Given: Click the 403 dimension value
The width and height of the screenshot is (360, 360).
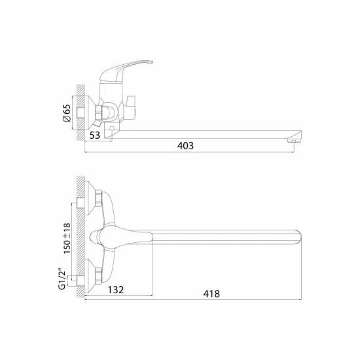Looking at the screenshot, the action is (185, 146).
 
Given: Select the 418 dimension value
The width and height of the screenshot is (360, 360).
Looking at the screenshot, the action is (211, 294).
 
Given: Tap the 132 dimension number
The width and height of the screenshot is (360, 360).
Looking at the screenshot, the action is (116, 290).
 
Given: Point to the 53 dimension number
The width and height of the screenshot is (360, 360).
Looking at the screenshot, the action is (95, 135).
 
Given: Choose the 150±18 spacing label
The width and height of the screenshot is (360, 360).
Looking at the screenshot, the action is (67, 238).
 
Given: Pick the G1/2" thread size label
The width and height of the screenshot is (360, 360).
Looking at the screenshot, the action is (62, 280).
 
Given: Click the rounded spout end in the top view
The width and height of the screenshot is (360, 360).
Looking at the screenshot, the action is (297, 237).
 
